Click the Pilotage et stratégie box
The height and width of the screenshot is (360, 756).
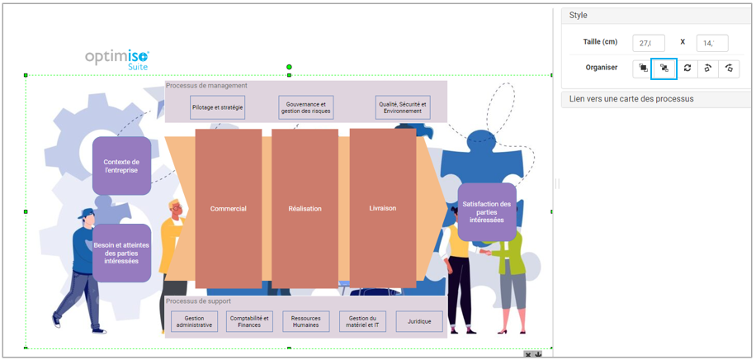click(218, 107)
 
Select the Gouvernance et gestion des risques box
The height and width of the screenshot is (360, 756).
click(305, 107)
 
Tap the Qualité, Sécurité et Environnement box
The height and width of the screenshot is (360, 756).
click(402, 107)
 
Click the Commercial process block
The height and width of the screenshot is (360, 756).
click(228, 208)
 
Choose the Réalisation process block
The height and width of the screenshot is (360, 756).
click(305, 208)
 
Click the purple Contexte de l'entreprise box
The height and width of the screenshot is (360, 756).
click(121, 166)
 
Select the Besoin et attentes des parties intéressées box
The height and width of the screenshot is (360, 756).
click(121, 253)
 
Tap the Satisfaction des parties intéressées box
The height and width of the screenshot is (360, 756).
click(486, 212)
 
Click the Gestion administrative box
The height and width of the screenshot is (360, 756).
click(195, 321)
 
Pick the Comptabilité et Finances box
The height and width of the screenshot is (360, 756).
click(249, 321)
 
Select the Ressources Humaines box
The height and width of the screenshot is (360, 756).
click(305, 321)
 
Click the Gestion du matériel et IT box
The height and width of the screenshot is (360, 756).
click(362, 321)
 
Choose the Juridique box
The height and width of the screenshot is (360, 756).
click(419, 321)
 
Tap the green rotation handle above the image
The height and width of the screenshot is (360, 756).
click(289, 67)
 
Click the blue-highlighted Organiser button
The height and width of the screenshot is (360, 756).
click(664, 69)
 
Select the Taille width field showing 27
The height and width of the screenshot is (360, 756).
click(649, 43)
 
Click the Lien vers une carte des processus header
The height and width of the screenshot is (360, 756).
click(631, 99)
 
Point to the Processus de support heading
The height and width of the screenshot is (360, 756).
click(198, 301)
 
